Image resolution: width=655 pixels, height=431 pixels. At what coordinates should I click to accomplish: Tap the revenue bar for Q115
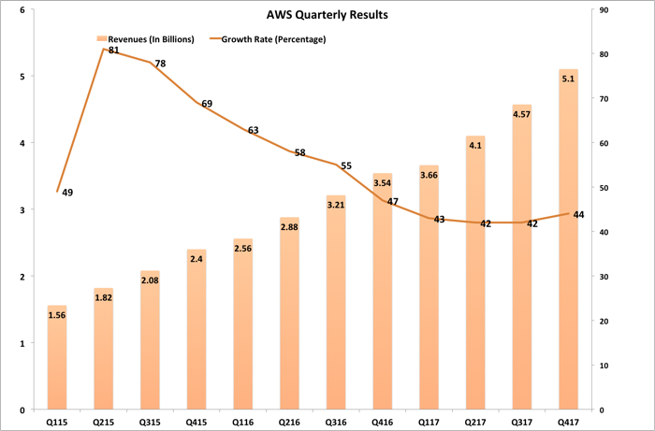click(57, 365)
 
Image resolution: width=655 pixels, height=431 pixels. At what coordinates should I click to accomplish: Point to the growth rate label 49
click(67, 193)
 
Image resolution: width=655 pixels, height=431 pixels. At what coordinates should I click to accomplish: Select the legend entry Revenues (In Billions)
click(145, 39)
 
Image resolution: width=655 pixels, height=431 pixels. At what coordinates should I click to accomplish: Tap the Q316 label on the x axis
click(336, 422)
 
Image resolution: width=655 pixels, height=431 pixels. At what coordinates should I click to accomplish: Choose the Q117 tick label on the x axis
click(429, 422)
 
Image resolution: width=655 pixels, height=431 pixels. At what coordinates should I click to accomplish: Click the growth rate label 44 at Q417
click(578, 215)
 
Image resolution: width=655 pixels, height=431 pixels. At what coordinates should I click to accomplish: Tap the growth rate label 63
click(253, 130)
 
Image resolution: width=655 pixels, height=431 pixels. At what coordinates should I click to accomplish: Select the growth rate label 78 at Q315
click(160, 64)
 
